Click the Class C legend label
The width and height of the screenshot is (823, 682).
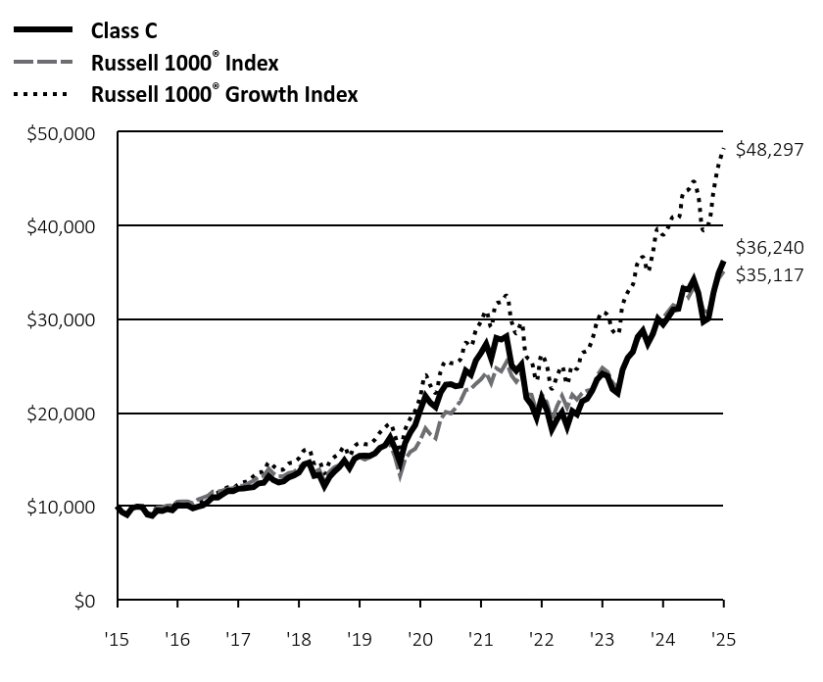pyautogui.click(x=123, y=30)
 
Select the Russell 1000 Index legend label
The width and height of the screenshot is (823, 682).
pyautogui.click(x=184, y=63)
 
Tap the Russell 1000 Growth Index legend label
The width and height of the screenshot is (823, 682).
pyautogui.click(x=223, y=94)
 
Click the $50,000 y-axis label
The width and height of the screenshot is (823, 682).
pyautogui.click(x=70, y=132)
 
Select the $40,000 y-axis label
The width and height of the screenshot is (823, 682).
pyautogui.click(x=70, y=226)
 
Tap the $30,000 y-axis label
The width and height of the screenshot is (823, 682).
pyautogui.click(x=70, y=319)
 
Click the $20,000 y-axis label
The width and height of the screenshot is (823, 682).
pyautogui.click(x=70, y=414)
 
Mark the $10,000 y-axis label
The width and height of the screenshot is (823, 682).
pyautogui.click(x=70, y=507)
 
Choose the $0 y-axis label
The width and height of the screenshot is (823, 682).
pyautogui.click(x=89, y=601)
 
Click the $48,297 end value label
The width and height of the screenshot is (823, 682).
pyautogui.click(x=769, y=150)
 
